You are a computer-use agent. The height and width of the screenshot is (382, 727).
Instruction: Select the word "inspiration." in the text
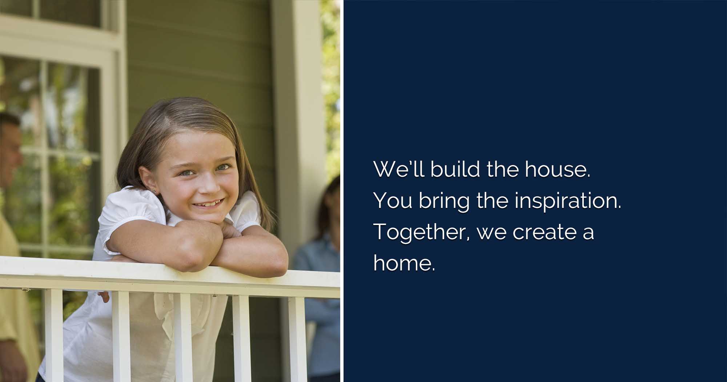tap(568, 201)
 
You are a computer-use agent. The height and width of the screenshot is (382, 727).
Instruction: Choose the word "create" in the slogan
tap(544, 233)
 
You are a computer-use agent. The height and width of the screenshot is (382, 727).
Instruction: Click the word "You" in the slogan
tap(393, 201)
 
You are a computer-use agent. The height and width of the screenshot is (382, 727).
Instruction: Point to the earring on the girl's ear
tap(154, 190)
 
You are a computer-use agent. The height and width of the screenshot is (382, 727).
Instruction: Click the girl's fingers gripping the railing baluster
tap(104, 296)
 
